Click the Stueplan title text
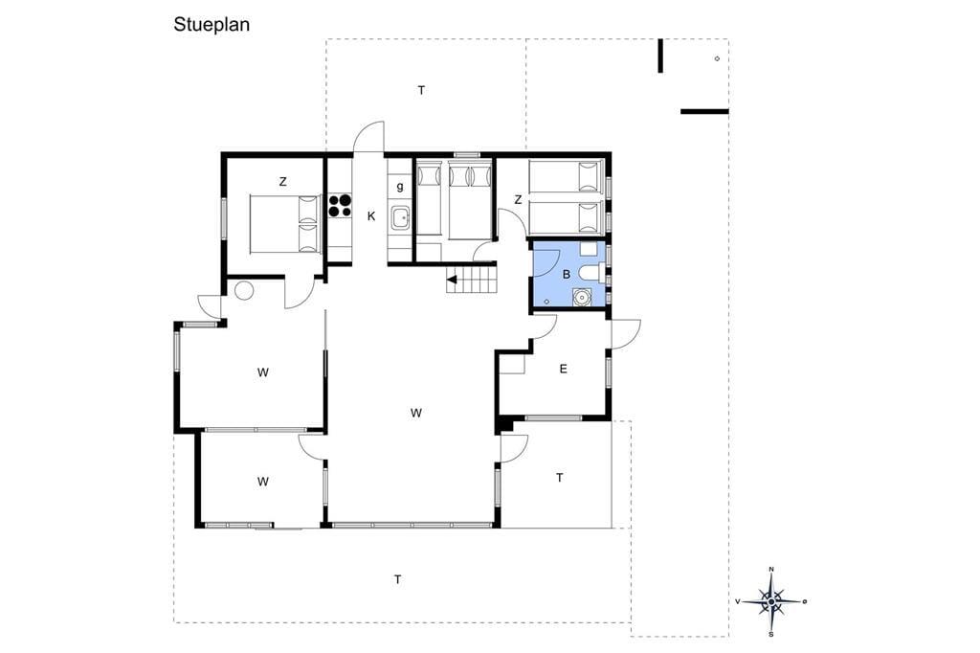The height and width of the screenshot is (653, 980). click(212, 25)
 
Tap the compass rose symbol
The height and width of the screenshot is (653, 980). click(772, 601)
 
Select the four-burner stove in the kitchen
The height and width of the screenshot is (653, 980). click(341, 205)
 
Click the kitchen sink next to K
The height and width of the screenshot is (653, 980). click(399, 219)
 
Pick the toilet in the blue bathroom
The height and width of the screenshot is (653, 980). click(591, 273)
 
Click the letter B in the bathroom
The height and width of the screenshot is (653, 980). click(567, 274)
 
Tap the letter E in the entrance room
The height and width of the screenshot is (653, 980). click(563, 369)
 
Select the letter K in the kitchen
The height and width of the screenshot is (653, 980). click(371, 216)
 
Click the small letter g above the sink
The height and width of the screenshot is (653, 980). click(400, 186)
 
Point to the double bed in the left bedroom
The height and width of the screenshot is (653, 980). click(285, 224)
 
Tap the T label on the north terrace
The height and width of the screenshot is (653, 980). click(421, 91)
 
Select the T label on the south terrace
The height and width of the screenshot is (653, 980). click(397, 580)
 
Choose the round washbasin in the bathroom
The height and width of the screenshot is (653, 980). click(583, 296)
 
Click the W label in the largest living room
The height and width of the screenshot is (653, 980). click(416, 413)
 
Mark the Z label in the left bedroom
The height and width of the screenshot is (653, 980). click(282, 182)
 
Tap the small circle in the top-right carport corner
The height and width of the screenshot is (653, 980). click(717, 58)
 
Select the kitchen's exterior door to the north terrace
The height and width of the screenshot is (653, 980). click(368, 136)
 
